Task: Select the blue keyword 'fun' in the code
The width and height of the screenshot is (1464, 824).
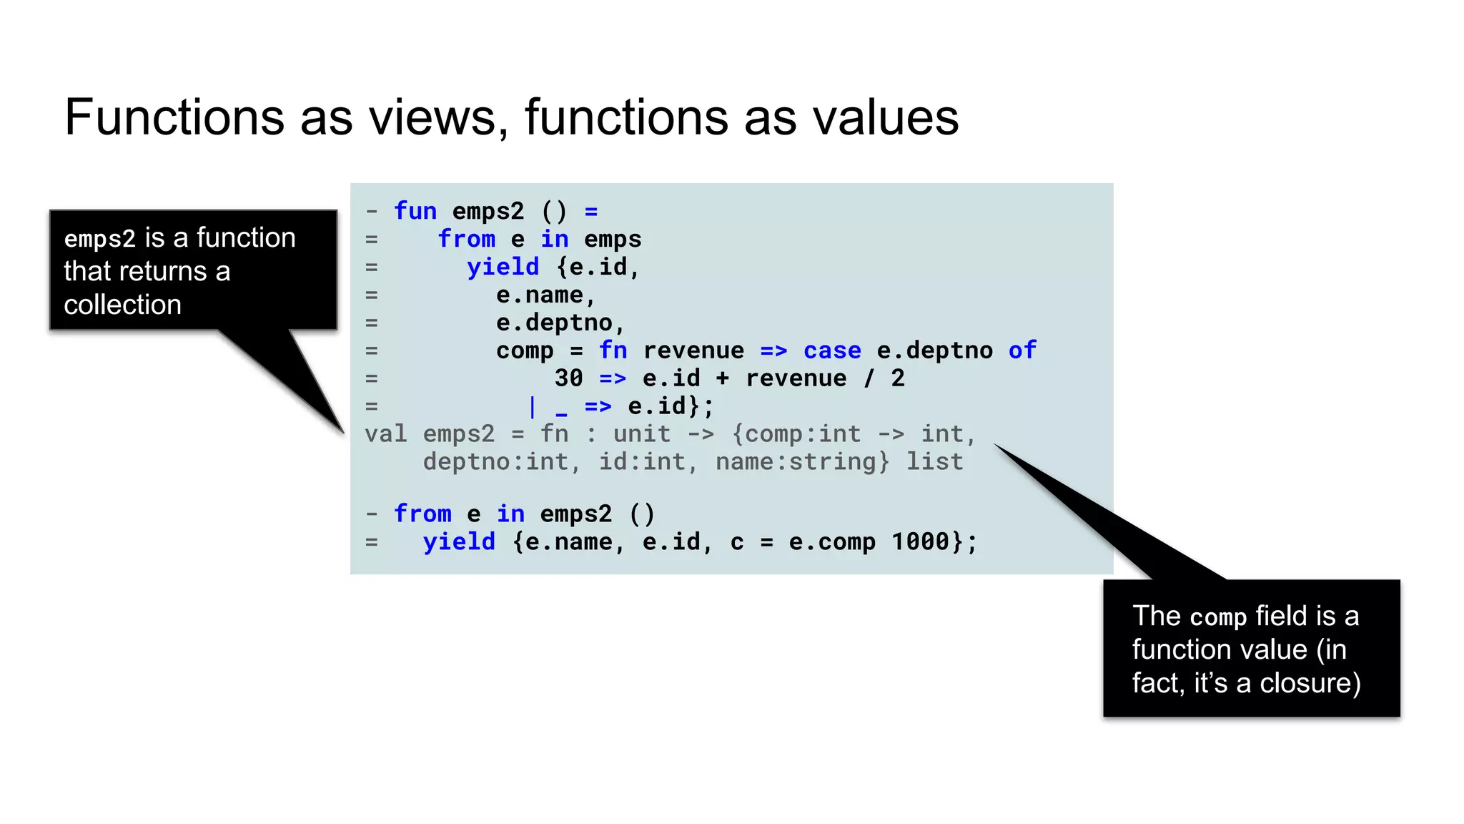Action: click(x=415, y=211)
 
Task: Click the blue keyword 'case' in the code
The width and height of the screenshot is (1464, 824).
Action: click(x=832, y=350)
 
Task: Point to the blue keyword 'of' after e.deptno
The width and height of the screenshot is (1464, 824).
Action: click(x=1022, y=350)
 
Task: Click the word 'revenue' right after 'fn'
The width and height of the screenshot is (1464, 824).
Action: click(x=693, y=350)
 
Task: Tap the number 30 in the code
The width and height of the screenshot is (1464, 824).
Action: click(x=568, y=378)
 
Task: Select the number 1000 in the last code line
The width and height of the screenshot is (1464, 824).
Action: click(x=920, y=541)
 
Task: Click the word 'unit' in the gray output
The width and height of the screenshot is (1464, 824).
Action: click(x=642, y=434)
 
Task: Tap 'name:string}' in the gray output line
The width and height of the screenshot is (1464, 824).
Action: click(x=803, y=462)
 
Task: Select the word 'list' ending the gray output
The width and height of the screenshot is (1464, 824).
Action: click(x=935, y=462)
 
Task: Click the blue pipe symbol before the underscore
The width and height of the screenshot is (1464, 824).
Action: click(x=533, y=406)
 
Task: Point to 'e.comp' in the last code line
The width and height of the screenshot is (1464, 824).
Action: click(x=832, y=541)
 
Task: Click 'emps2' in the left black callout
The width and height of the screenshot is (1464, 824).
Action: click(x=99, y=238)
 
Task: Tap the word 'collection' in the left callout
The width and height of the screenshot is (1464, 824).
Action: click(x=122, y=305)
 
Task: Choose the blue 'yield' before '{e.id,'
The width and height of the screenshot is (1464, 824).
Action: click(x=503, y=267)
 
